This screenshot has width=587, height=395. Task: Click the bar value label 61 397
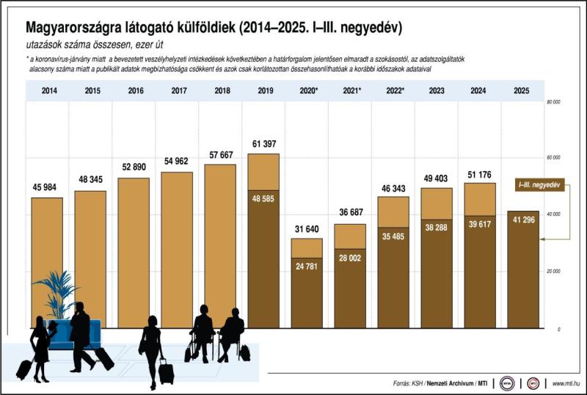coord(263,143)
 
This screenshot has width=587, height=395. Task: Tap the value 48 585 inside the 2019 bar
coord(263,198)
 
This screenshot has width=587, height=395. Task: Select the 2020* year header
coord(307,90)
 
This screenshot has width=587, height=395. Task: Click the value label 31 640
coord(307,229)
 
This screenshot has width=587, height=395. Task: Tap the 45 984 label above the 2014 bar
coord(47,187)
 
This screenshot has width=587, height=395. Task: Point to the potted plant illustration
coord(56,294)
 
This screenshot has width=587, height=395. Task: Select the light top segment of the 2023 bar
coord(437,203)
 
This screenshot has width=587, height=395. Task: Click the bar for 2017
coord(177,250)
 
